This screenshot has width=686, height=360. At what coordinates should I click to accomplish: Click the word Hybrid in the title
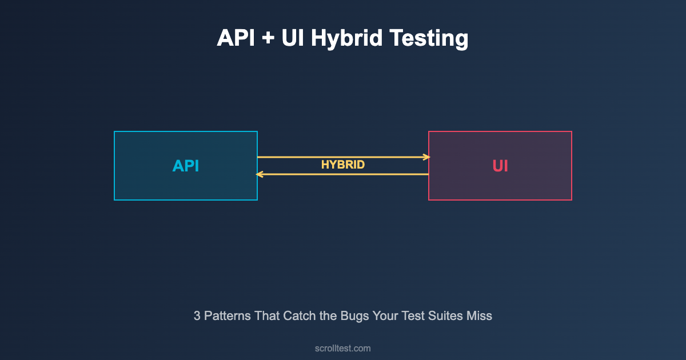(x=346, y=39)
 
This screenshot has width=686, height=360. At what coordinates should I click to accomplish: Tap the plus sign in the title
(x=268, y=38)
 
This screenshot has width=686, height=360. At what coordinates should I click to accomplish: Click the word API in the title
(x=236, y=38)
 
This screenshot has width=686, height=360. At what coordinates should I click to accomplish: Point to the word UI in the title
(x=293, y=38)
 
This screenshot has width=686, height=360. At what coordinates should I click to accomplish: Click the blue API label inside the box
(x=186, y=166)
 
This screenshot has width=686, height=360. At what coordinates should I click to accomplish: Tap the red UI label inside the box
(x=500, y=166)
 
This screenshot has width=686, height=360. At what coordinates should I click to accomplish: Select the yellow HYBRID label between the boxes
(x=343, y=165)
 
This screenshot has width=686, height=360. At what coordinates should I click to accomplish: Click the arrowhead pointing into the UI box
(x=427, y=157)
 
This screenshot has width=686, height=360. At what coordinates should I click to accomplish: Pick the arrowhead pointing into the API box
(x=260, y=174)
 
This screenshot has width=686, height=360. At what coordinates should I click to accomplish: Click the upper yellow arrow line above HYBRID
(x=344, y=157)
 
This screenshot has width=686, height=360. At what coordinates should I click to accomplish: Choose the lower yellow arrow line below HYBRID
(x=342, y=174)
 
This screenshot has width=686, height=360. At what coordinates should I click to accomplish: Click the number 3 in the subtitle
(x=197, y=316)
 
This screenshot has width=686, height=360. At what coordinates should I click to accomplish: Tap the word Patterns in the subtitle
(x=228, y=316)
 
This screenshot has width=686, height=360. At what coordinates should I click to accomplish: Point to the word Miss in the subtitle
(x=479, y=316)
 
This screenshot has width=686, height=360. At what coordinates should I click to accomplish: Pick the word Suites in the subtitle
(x=445, y=316)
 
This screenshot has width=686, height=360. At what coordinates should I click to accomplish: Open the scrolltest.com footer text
(x=342, y=349)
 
